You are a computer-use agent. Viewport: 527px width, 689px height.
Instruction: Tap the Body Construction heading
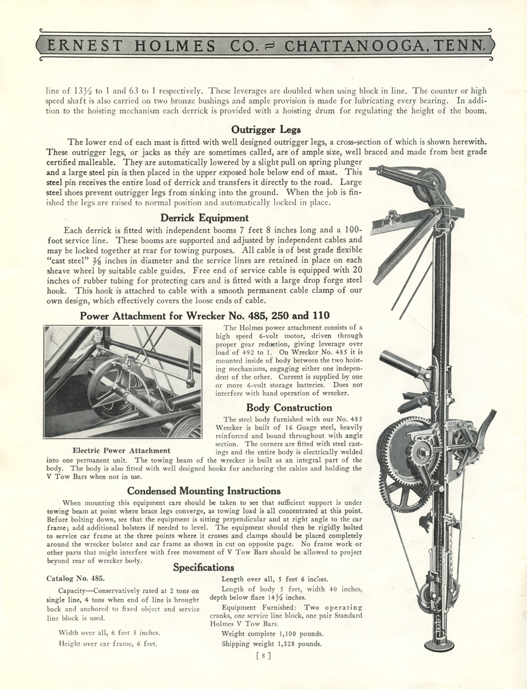(289, 407)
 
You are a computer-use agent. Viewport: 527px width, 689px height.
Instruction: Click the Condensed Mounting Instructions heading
(204, 490)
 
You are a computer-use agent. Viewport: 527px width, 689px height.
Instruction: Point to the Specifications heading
(203, 567)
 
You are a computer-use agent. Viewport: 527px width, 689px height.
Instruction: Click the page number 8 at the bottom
(263, 656)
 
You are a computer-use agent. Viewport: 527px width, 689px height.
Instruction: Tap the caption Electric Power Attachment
(121, 451)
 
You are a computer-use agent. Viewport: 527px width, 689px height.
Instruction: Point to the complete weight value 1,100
(295, 633)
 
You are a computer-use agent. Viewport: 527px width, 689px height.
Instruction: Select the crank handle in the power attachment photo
(189, 369)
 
